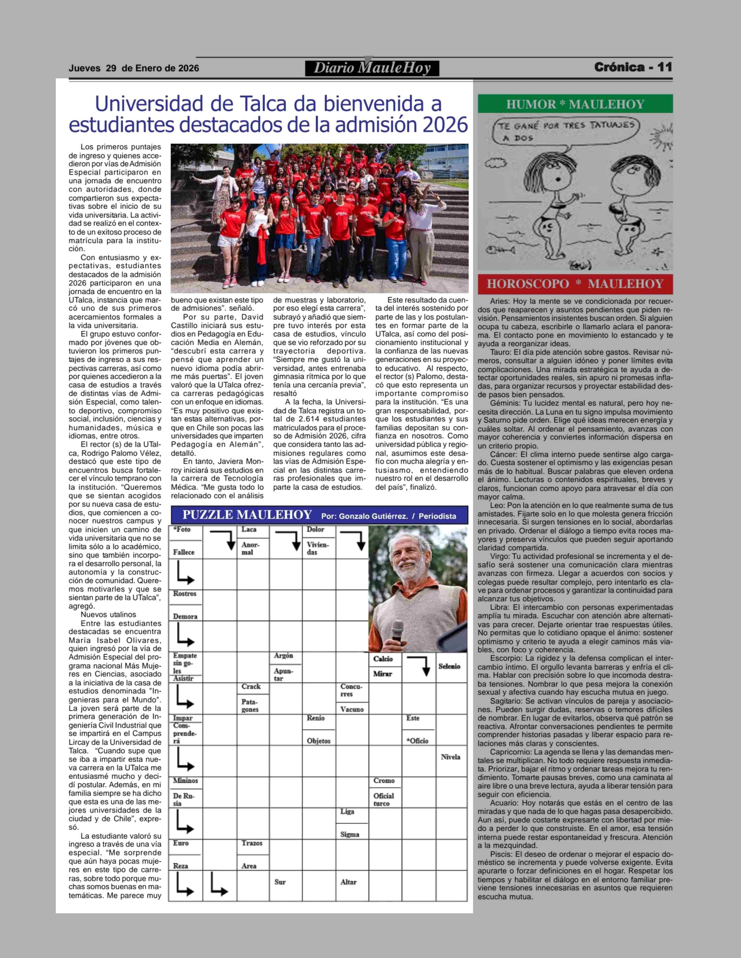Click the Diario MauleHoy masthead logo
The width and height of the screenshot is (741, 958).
[372, 68]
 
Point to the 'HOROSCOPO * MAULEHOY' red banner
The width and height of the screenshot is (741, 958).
[575, 284]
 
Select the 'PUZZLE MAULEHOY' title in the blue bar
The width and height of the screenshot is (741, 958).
[247, 515]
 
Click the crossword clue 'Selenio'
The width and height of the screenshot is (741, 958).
[449, 666]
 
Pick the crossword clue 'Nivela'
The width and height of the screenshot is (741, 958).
[450, 757]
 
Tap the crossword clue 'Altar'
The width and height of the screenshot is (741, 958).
[348, 882]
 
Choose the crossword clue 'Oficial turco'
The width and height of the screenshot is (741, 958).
[383, 799]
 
